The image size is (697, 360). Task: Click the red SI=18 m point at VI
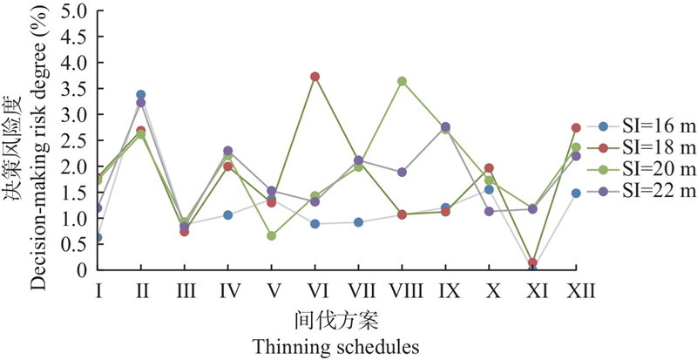click(315, 77)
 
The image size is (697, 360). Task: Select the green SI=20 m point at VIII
click(402, 81)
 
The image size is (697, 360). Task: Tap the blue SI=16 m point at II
click(141, 94)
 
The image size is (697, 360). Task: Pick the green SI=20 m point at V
click(272, 235)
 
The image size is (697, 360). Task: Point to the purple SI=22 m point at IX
click(445, 127)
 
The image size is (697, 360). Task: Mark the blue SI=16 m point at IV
click(228, 214)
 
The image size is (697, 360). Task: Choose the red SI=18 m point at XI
click(532, 262)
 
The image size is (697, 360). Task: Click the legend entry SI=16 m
click(641, 126)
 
